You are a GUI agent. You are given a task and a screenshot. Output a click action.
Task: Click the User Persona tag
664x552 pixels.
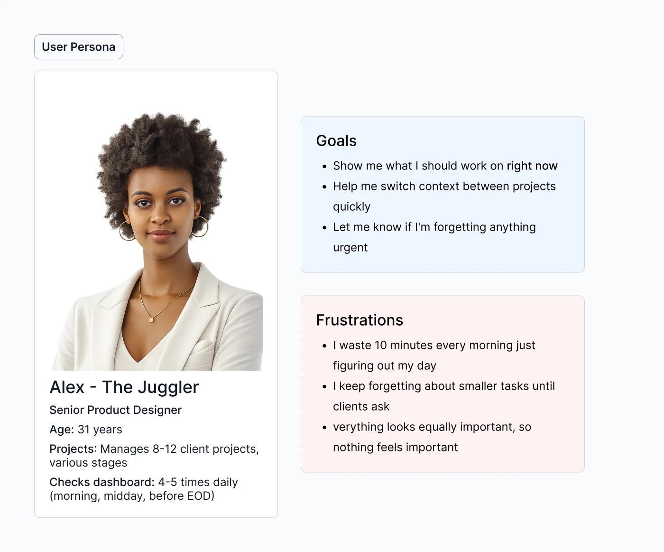point(79,47)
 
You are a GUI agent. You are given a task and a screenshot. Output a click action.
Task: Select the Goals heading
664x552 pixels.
point(336,140)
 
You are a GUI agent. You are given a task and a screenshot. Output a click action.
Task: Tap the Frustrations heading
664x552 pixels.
point(360,320)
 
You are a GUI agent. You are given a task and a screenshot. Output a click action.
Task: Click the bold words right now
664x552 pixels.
point(532,166)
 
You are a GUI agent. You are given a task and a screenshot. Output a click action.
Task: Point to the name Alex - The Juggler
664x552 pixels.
point(124,387)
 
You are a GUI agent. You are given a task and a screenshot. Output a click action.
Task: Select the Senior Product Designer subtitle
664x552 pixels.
point(115,410)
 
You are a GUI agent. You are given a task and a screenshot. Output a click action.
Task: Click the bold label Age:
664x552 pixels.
point(62,430)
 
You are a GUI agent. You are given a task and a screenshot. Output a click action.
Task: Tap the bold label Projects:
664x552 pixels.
point(73,449)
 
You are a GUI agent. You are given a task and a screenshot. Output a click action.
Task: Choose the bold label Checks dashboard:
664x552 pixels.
point(102,482)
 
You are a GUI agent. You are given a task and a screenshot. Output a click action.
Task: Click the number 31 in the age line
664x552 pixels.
point(83,430)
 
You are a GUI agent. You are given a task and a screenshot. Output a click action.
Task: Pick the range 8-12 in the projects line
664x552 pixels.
point(165,449)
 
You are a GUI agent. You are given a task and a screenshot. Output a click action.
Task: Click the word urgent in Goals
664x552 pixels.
point(350,248)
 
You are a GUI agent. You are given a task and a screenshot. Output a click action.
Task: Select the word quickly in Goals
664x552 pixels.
point(352,207)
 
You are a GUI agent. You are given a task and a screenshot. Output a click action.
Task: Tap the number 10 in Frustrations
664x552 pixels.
point(380,346)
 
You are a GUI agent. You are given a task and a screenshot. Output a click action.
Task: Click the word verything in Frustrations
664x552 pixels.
point(358,427)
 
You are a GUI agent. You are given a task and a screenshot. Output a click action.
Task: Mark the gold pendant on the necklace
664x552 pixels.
point(151,320)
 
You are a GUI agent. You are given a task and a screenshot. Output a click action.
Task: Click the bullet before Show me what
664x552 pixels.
point(324,167)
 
